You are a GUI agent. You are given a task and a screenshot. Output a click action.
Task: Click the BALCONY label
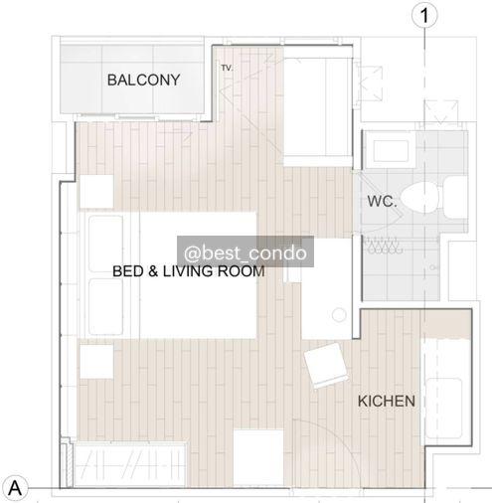tap(143, 80)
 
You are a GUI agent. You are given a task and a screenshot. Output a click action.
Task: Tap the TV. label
tap(227, 68)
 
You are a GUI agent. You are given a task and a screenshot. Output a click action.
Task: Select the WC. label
tap(382, 201)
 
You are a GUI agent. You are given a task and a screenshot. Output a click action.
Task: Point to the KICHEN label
tap(387, 401)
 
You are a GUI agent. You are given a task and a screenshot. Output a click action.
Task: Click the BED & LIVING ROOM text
tap(189, 271)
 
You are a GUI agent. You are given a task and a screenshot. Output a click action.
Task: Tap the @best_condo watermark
tap(246, 252)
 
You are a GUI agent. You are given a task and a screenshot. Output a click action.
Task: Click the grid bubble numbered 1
tap(424, 15)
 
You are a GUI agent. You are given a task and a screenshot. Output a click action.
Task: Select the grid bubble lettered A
tap(15, 488)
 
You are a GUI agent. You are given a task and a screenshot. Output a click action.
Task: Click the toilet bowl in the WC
tap(420, 198)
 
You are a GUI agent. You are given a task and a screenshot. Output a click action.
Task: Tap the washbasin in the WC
tap(391, 150)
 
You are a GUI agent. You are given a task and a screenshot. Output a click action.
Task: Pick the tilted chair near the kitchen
tap(326, 366)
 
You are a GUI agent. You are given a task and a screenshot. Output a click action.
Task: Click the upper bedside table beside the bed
tap(96, 192)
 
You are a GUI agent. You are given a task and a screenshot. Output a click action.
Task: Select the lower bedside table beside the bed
tap(96, 361)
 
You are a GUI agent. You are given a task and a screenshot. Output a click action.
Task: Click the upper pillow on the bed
tap(106, 244)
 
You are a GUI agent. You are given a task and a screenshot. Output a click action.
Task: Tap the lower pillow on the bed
tap(106, 307)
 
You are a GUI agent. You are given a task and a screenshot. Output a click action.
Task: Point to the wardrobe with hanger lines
tap(130, 465)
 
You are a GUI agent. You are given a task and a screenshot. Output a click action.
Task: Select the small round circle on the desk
tap(339, 315)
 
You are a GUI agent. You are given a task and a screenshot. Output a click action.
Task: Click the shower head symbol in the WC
tap(383, 246)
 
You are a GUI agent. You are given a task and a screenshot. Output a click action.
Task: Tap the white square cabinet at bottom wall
tap(258, 457)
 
